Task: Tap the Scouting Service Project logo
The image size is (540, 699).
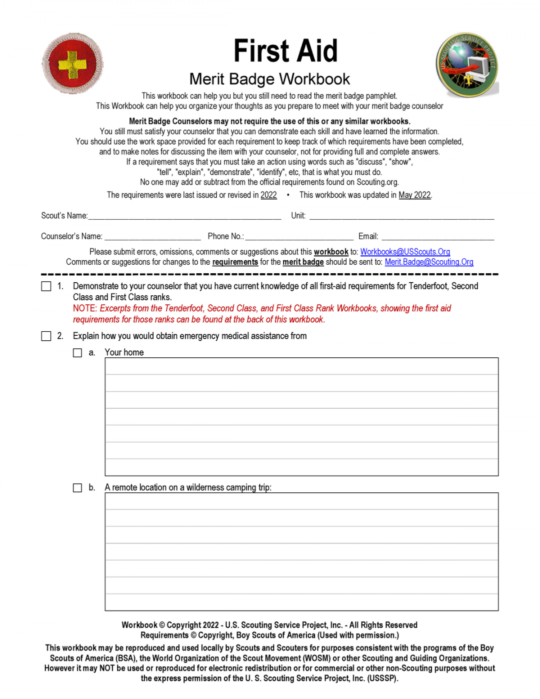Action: click(x=467, y=66)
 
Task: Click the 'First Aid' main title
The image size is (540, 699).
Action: click(x=285, y=51)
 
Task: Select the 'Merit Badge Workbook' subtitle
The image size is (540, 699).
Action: click(x=269, y=79)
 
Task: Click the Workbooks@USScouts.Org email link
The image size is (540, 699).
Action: click(x=405, y=252)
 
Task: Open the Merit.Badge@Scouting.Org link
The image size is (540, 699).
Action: click(x=428, y=262)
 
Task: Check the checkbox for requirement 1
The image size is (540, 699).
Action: click(x=46, y=286)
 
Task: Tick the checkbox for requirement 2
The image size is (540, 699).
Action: click(x=46, y=336)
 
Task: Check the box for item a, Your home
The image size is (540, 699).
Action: click(x=77, y=353)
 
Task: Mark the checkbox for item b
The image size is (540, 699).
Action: click(x=77, y=488)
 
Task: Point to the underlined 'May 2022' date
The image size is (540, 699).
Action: click(x=414, y=195)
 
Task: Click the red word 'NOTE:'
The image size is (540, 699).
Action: click(x=85, y=308)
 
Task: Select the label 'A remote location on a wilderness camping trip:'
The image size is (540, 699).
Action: click(x=188, y=487)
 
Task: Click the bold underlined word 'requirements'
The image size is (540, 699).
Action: click(x=235, y=262)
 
